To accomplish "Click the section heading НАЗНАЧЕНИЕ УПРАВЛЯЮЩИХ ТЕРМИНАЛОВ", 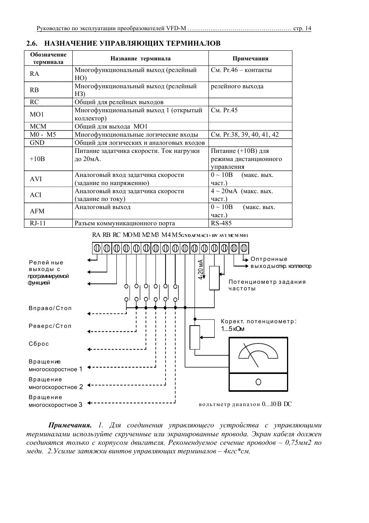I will (x=132, y=43).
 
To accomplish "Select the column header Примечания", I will (x=250, y=58).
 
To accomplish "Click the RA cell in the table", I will (x=34, y=74).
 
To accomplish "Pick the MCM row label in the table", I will (x=38, y=126).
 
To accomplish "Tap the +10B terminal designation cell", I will (x=37, y=159).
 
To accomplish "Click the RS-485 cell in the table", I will (x=221, y=223).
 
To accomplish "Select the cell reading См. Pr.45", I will (x=224, y=110).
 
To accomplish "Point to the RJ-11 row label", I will (x=38, y=223).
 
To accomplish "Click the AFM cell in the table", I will (x=37, y=211).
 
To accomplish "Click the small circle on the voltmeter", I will (x=258, y=382).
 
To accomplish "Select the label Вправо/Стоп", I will (x=50, y=308).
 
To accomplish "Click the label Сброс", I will (x=39, y=344).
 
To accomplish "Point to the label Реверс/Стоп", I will (x=50, y=326).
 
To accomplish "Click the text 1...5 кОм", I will (x=233, y=329).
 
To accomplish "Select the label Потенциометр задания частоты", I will (x=267, y=285).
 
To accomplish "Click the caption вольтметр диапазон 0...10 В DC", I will (x=245, y=404).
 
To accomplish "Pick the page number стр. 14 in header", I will (x=302, y=28).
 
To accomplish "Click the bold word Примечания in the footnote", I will (x=70, y=425).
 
